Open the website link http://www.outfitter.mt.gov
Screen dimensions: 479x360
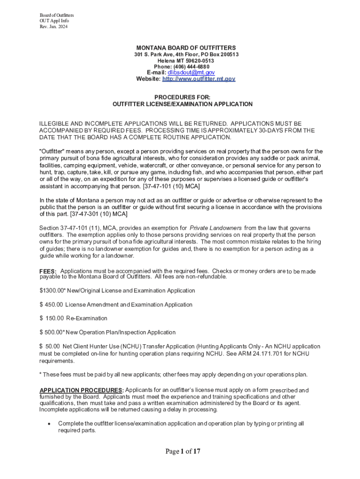(198, 79)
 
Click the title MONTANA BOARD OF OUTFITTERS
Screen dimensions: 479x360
(186, 48)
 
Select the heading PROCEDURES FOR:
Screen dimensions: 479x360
(182, 97)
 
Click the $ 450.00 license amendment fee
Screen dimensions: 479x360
(52, 305)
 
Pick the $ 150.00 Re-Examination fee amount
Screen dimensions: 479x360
(52, 318)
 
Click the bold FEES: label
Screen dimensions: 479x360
(48, 272)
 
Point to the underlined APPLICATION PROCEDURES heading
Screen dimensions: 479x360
(81, 391)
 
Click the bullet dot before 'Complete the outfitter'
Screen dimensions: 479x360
(49, 424)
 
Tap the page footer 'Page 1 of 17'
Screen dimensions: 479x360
(183, 451)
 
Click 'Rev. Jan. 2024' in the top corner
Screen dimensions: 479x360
(54, 26)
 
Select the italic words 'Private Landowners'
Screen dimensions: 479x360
(216, 228)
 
